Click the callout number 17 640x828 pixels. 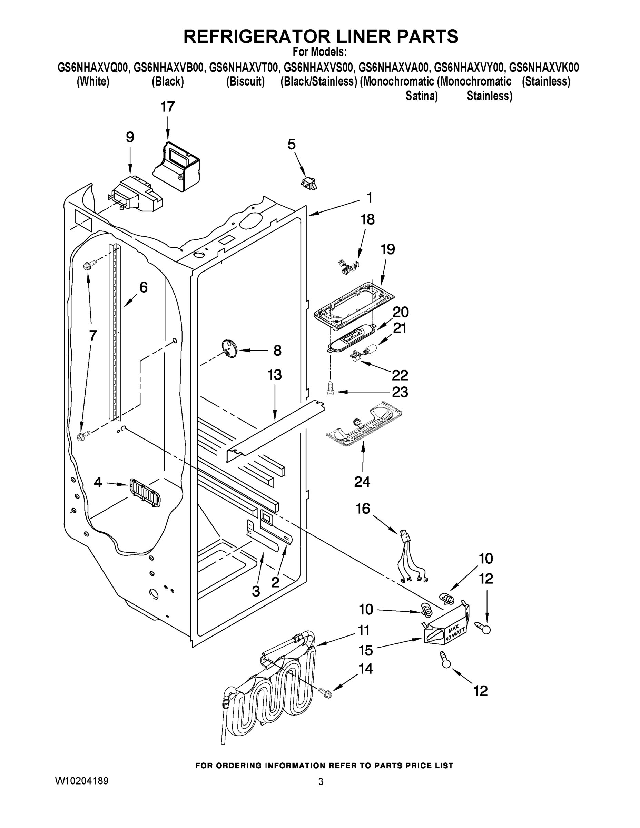coord(167,107)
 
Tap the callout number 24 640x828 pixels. coord(362,482)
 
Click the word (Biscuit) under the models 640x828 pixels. coord(245,81)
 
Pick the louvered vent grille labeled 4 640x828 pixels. coord(145,492)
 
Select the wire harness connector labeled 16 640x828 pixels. coord(404,536)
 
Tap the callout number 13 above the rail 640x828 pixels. coord(275,375)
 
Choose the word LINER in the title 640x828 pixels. coord(355,36)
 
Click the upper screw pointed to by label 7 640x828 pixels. coord(87,265)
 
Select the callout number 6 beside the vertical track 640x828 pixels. coord(143,287)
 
